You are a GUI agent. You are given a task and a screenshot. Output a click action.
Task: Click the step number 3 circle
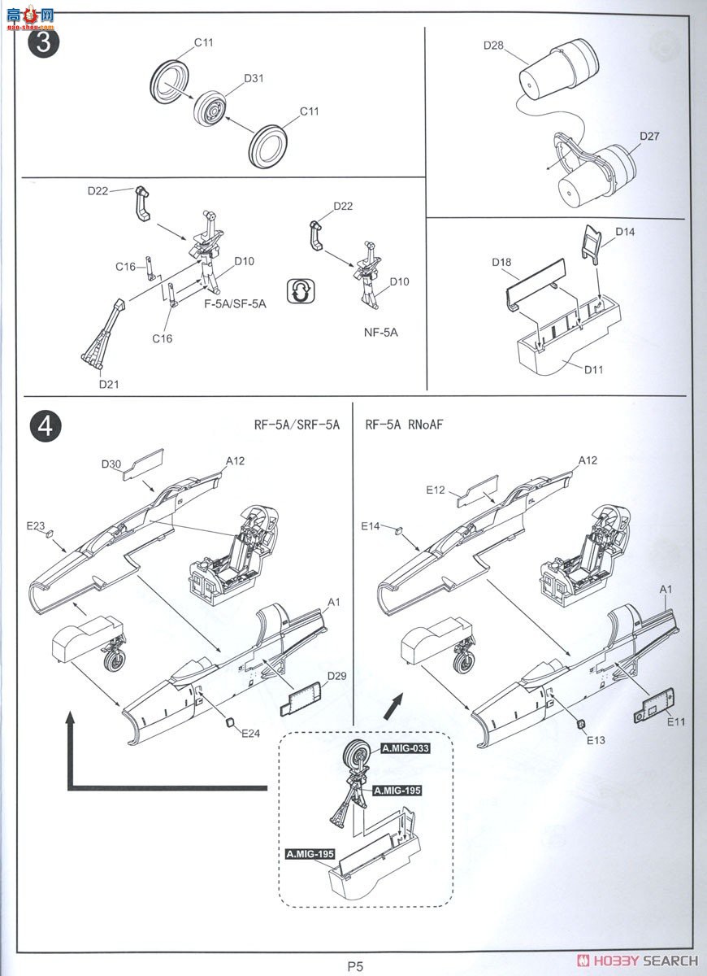click(43, 43)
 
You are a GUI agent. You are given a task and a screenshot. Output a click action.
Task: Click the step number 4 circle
click(45, 426)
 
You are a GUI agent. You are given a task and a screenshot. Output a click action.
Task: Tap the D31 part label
click(254, 79)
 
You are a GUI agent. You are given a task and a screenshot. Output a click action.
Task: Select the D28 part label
click(493, 46)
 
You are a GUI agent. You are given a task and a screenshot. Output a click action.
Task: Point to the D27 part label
click(649, 136)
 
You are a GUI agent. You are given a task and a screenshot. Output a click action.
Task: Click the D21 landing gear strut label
click(109, 383)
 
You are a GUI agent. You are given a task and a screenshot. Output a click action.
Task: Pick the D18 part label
click(501, 263)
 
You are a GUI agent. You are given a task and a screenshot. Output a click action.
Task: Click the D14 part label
click(625, 232)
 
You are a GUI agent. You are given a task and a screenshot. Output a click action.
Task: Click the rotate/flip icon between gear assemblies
click(300, 291)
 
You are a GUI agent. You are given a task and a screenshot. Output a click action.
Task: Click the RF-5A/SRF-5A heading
click(297, 425)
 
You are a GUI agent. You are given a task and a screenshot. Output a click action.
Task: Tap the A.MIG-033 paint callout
click(405, 748)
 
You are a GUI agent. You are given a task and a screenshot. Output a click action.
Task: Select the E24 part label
click(250, 733)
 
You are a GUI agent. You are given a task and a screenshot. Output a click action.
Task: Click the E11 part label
click(676, 721)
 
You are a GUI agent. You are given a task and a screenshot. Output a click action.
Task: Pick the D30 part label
click(111, 464)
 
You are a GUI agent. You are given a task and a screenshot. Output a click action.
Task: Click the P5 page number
click(355, 966)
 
